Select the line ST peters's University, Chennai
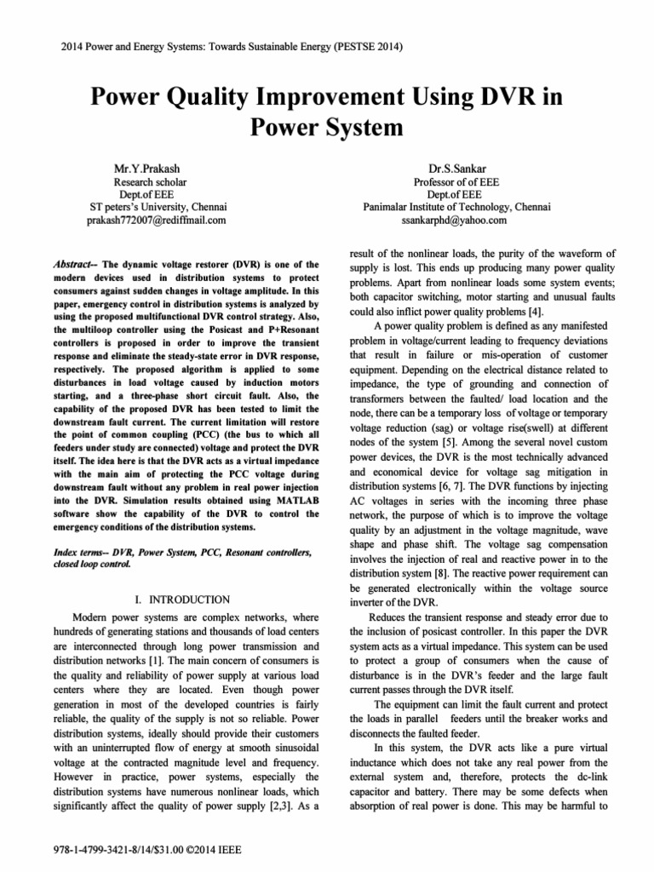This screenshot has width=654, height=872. tap(158, 207)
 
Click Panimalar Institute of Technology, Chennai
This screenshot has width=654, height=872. tap(456, 207)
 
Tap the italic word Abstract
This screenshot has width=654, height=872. tap(70, 265)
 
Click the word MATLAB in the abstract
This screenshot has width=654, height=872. tap(292, 500)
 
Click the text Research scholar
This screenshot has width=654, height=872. tap(150, 182)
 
